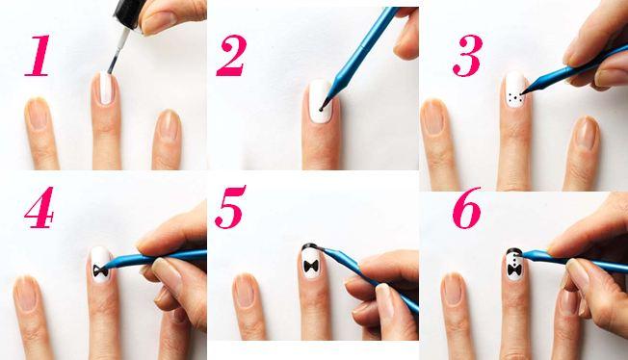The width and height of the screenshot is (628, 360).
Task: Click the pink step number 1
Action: [39, 55]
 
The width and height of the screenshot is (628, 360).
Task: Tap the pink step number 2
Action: [231, 55]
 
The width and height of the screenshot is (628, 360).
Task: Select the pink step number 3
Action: [467, 55]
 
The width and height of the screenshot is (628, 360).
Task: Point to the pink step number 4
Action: [39, 207]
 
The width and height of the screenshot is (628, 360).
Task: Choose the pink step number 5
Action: [230, 207]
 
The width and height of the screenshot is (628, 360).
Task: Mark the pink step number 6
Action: [466, 207]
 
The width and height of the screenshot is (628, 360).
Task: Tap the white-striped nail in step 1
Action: [105, 89]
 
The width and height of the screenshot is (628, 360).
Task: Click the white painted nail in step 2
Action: [321, 101]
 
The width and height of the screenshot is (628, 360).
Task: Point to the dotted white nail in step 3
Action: [515, 90]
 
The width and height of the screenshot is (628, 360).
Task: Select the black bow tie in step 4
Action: [100, 270]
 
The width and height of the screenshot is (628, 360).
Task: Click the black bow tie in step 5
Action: [311, 266]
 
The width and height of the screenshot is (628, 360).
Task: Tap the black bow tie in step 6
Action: [514, 270]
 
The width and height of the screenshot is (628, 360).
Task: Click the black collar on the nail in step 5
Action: [310, 246]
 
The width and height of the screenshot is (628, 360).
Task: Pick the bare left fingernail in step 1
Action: [38, 115]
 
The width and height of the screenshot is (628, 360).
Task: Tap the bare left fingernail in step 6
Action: [453, 289]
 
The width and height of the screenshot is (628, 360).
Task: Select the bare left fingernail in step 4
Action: [26, 295]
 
